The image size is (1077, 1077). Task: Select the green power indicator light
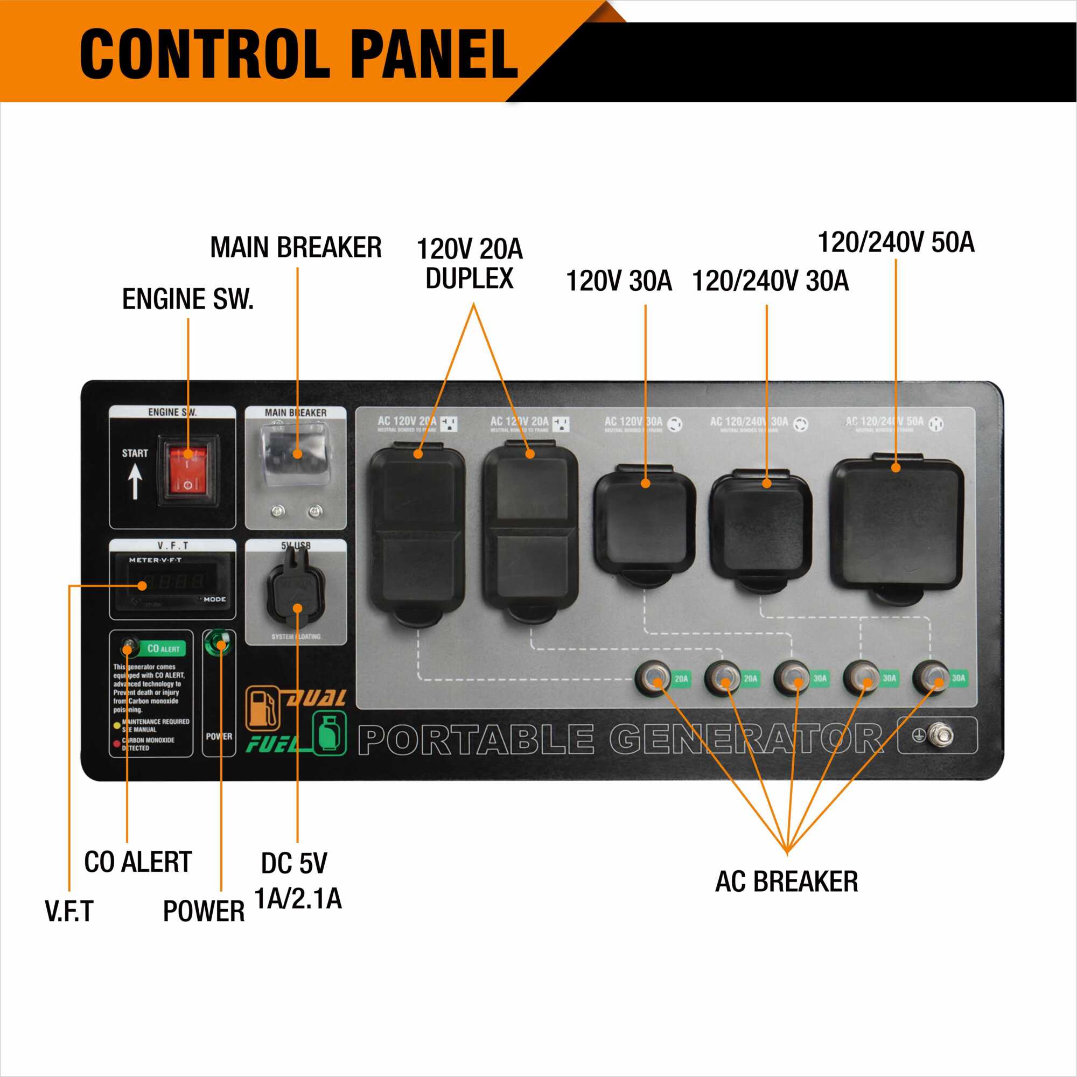(220, 645)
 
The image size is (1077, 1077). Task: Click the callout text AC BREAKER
(786, 882)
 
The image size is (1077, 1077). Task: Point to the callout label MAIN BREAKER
(296, 248)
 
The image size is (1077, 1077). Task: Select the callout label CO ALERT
(138, 862)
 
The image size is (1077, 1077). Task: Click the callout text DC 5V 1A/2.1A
(297, 881)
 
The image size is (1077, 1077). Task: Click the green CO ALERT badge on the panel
(163, 649)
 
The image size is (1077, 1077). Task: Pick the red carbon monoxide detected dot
(116, 743)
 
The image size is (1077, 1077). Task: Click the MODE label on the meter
(215, 599)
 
